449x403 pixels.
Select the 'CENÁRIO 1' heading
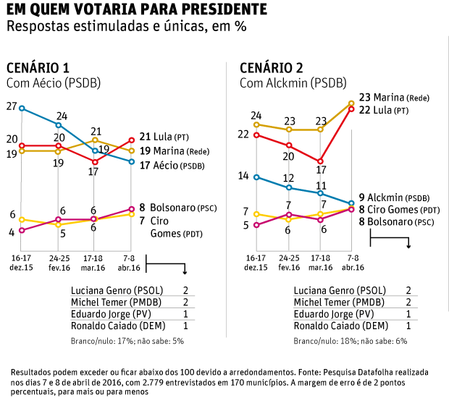tap(38, 68)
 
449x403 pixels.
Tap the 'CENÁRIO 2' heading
tap(272, 68)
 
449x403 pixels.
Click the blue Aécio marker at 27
tap(22, 109)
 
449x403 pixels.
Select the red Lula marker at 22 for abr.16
tap(351, 109)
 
